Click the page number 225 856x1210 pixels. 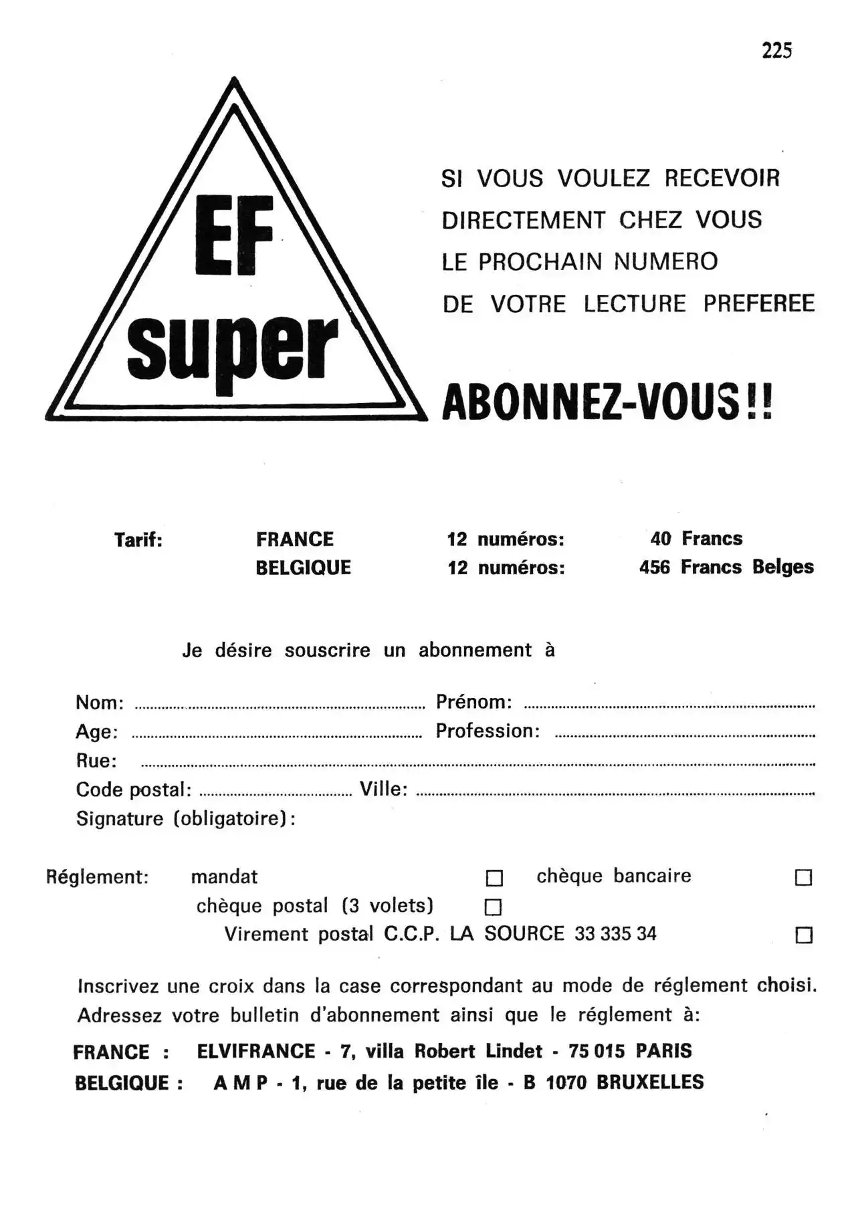click(x=776, y=51)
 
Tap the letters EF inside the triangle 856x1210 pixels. click(x=234, y=235)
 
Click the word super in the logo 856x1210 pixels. click(x=232, y=348)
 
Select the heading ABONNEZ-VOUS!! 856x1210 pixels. click(x=607, y=402)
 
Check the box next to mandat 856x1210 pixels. click(x=494, y=878)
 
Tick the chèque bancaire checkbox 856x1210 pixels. click(x=803, y=878)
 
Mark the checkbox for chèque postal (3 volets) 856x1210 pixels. click(x=493, y=907)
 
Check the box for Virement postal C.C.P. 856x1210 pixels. click(x=804, y=935)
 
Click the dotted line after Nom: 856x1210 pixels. click(x=280, y=706)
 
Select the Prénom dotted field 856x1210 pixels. click(x=669, y=706)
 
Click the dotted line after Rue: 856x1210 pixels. click(x=477, y=764)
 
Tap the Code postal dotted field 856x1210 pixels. click(x=276, y=794)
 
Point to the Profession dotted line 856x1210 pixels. click(x=685, y=735)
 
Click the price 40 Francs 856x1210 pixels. click(x=696, y=539)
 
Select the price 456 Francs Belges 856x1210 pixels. click(x=726, y=568)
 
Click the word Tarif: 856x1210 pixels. click(x=138, y=540)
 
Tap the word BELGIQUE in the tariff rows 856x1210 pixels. click(x=303, y=568)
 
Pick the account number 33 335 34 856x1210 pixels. click(x=615, y=934)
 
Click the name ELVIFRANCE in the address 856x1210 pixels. click(x=256, y=1052)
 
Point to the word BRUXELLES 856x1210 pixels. click(x=650, y=1082)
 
